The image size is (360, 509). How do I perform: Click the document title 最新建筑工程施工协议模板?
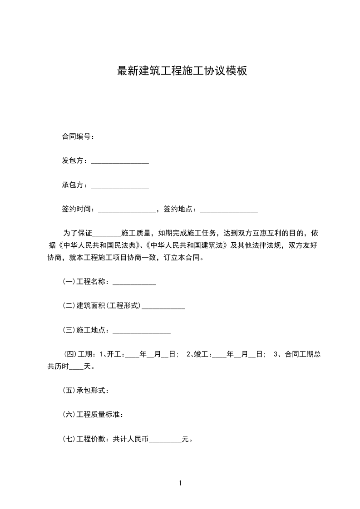point(182,71)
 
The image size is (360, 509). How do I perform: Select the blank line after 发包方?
point(120,162)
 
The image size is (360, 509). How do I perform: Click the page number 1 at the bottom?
point(180,484)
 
